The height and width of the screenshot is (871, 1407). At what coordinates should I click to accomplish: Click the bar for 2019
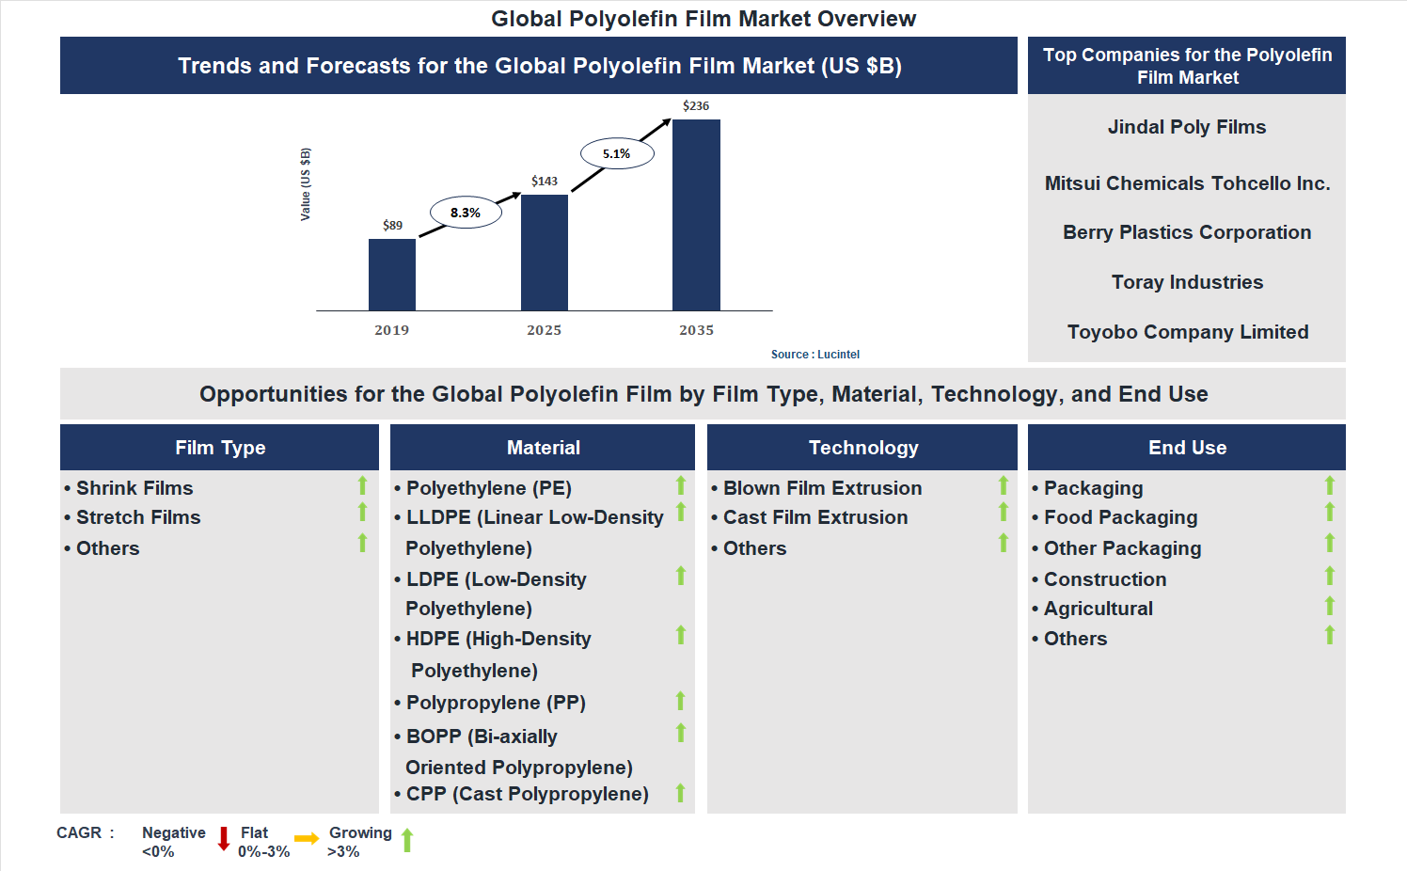tap(391, 275)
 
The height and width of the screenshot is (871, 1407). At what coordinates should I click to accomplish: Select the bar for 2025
tap(544, 252)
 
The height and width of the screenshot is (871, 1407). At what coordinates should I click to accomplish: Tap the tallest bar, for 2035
tap(696, 214)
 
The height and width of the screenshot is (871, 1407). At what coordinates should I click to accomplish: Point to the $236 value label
tap(696, 106)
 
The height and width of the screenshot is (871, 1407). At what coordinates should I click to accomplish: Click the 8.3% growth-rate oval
tap(466, 213)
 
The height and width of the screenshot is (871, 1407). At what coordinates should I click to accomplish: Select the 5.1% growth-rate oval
tap(617, 153)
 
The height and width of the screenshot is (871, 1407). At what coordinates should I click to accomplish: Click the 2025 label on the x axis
tap(544, 330)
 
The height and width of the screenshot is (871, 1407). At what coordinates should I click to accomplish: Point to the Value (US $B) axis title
tap(305, 184)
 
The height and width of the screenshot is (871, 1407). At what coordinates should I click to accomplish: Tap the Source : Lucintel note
tap(814, 355)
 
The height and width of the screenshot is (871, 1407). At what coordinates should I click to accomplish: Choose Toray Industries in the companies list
tap(1187, 282)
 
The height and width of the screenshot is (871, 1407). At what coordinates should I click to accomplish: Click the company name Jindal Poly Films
tap(1187, 127)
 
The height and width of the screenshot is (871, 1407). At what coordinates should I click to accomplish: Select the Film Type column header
tap(220, 448)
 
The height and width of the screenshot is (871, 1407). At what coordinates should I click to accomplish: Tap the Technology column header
tap(863, 448)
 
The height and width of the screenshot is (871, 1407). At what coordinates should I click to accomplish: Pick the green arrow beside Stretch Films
tap(362, 513)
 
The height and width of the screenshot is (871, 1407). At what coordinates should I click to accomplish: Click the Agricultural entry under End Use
tap(1098, 609)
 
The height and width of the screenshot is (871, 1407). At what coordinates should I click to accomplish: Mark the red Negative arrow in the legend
tap(224, 838)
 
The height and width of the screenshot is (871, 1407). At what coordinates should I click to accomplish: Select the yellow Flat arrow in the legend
tap(307, 838)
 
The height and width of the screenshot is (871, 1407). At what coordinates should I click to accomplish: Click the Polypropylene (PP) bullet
tap(496, 703)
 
